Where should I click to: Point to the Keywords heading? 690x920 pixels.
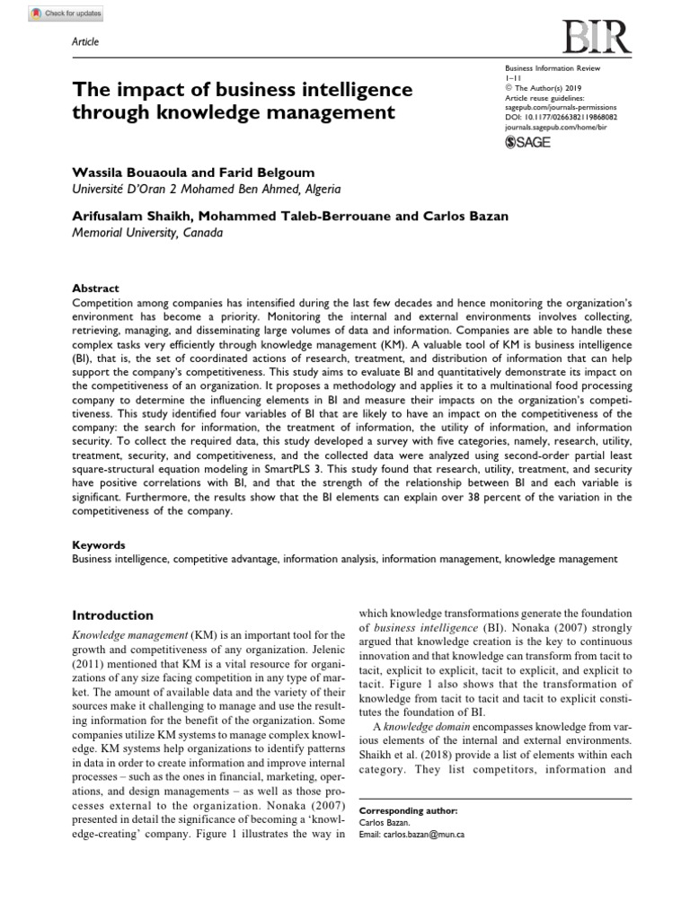(x=98, y=545)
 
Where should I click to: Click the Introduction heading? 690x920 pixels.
(x=112, y=615)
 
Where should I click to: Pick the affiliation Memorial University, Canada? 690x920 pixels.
(x=146, y=232)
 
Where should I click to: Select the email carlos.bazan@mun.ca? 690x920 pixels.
(x=426, y=833)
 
